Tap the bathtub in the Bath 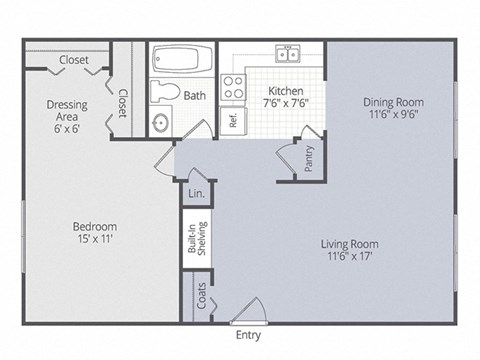click(x=181, y=60)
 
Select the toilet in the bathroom click(x=164, y=93)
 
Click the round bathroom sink click(x=161, y=123)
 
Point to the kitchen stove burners click(x=233, y=87)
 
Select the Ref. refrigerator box click(x=232, y=121)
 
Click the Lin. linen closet click(x=196, y=193)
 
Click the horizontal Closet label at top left click(x=74, y=60)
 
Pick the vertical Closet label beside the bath click(x=123, y=103)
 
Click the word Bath click(x=195, y=95)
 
